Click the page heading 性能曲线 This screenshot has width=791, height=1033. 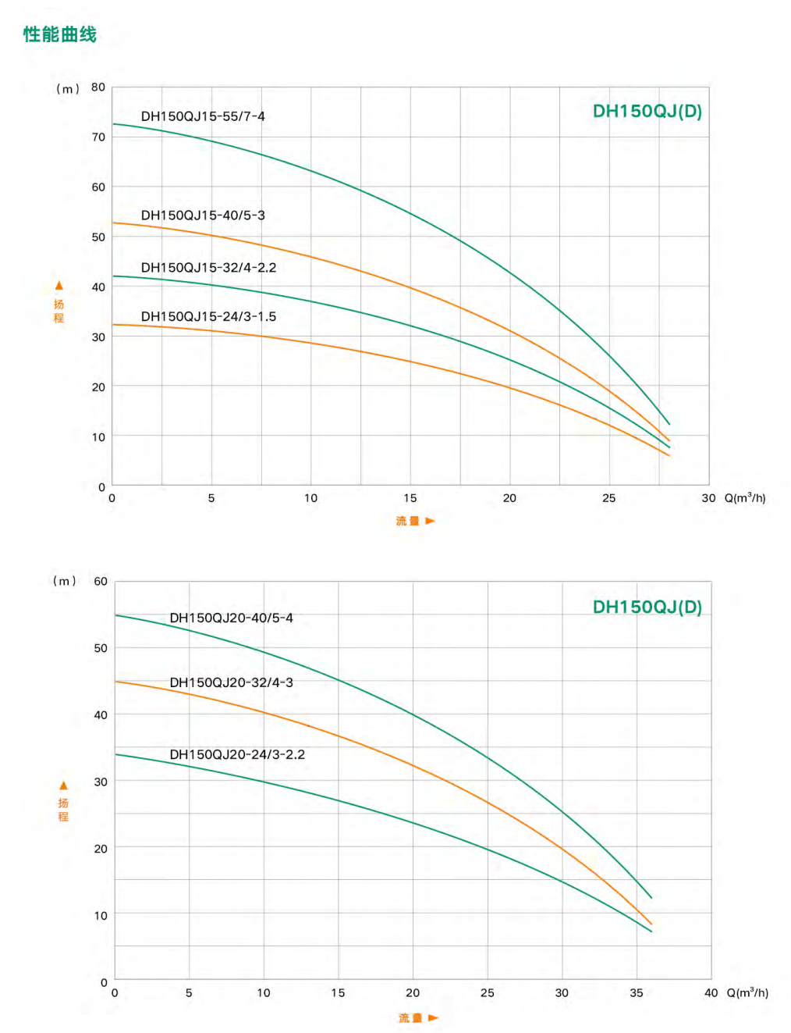click(x=59, y=34)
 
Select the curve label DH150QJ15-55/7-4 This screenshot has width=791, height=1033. click(x=203, y=116)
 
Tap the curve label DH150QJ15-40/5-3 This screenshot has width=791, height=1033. click(x=203, y=216)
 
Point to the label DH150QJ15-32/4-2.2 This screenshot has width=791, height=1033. click(x=208, y=268)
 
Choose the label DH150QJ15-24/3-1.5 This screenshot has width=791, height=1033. click(x=208, y=317)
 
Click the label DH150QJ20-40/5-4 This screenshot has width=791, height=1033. click(x=231, y=618)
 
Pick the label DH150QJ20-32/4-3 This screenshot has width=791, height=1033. click(x=231, y=682)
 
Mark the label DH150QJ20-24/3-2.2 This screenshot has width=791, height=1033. click(x=237, y=755)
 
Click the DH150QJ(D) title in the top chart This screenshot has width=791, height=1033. click(x=647, y=112)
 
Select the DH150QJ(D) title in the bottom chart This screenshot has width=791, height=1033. click(x=647, y=607)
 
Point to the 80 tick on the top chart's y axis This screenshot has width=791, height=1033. click(x=98, y=87)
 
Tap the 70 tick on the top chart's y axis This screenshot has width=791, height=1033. click(x=98, y=137)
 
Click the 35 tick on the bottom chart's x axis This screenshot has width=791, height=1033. click(x=637, y=993)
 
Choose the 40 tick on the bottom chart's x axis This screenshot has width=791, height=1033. click(x=711, y=993)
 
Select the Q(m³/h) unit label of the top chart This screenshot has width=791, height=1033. click(x=745, y=498)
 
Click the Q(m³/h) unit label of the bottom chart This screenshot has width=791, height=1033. click(x=747, y=993)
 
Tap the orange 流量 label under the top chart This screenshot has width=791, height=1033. click(x=407, y=521)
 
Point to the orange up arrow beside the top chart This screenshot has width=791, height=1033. click(x=59, y=286)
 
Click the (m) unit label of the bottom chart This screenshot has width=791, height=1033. click(x=64, y=581)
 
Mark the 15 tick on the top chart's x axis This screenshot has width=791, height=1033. click(x=410, y=498)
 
